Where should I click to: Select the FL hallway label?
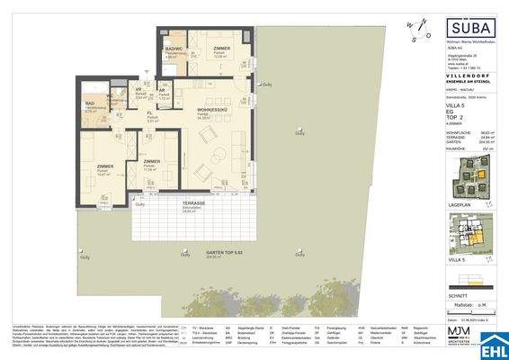pyautogui.click(x=150, y=114)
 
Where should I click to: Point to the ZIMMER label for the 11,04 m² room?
pyautogui.click(x=150, y=162)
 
